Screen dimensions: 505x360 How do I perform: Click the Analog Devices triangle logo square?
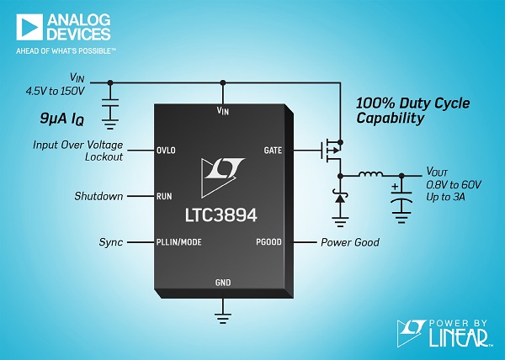point(29,27)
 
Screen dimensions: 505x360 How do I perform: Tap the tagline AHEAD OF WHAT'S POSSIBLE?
point(66,50)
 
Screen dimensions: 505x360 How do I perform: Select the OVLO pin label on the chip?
point(166,151)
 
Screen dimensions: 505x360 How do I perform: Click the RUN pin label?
point(164,196)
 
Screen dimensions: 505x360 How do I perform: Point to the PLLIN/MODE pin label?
point(178,242)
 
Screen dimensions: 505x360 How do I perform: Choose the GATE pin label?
point(273,151)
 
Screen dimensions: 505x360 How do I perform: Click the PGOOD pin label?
point(268,242)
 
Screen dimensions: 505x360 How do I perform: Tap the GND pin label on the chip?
point(223,283)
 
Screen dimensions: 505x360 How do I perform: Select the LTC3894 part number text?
point(221,214)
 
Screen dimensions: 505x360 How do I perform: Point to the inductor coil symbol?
point(370,174)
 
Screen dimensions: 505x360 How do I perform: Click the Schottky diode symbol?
point(340,198)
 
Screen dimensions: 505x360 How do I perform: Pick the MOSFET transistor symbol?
point(331,151)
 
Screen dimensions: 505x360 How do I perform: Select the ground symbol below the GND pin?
point(222,318)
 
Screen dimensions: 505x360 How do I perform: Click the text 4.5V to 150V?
point(55,91)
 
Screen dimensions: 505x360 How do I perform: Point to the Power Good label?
point(350,242)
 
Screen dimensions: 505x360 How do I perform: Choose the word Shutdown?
point(98,196)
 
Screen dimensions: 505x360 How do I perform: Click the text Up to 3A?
point(445,197)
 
